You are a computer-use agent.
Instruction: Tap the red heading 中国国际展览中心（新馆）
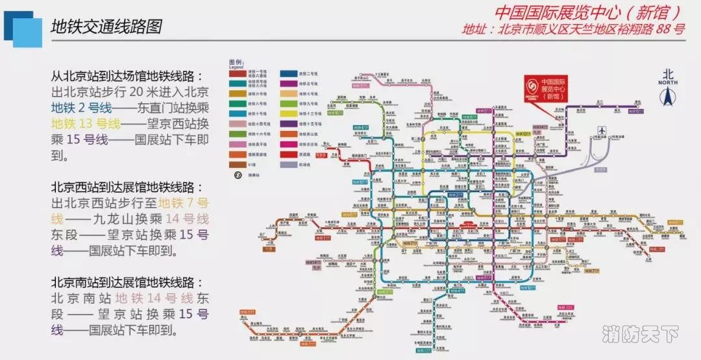point(587,12)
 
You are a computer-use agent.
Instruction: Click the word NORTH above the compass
point(668,82)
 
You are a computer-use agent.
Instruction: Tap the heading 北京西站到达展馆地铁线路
point(123,187)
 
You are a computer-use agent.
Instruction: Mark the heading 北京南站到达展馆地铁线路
point(123,283)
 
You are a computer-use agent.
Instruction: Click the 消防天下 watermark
point(640,335)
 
